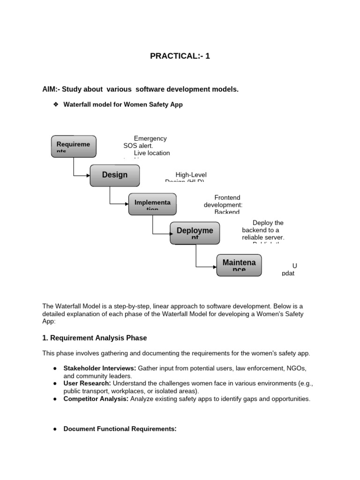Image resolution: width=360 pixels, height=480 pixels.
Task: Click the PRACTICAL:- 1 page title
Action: tap(180, 56)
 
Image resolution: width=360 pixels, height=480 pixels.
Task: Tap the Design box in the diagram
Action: tap(115, 175)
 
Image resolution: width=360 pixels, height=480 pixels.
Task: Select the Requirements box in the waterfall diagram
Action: tap(74, 146)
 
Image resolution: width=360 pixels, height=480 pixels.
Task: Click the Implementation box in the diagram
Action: tap(152, 203)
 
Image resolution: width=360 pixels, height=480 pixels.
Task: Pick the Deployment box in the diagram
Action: tap(195, 232)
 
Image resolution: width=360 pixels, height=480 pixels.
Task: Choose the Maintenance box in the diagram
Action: tap(239, 264)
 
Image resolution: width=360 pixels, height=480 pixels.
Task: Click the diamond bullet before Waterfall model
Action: tap(54, 105)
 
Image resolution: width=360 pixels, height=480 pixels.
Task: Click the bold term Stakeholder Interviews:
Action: tap(100, 368)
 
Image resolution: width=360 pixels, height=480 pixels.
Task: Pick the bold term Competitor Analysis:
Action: tap(96, 398)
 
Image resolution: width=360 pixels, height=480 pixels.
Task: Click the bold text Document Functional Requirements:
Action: tap(120, 428)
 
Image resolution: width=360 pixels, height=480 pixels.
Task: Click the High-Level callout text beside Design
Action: tap(191, 175)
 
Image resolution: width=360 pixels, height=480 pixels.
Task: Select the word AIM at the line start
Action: tap(50, 89)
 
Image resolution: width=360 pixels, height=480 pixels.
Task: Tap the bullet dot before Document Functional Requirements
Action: tap(55, 428)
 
